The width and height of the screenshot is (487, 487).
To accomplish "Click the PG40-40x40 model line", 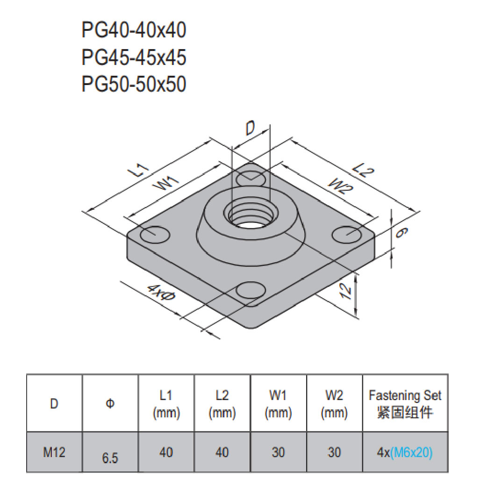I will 134,30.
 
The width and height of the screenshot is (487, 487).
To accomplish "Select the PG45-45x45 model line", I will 134,57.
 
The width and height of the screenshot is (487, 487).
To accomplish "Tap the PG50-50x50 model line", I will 134,84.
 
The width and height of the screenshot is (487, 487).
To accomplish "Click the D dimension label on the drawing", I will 251,129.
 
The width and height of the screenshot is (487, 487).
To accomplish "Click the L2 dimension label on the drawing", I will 363,171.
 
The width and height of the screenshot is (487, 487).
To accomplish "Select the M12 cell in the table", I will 54,452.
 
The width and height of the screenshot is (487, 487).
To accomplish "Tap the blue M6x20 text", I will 411,452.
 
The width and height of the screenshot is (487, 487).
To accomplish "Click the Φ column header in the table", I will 110,403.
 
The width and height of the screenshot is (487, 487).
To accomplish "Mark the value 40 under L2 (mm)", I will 222,452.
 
